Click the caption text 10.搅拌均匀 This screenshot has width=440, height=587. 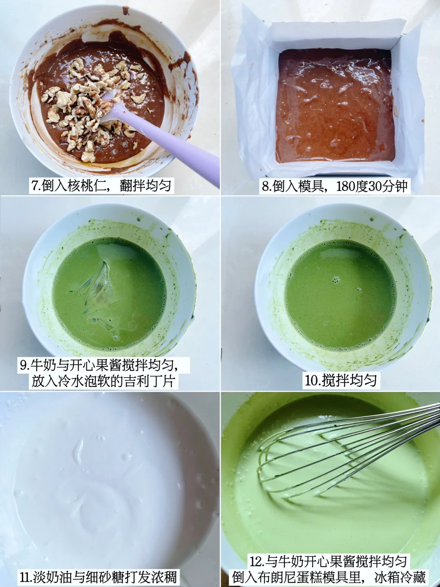341,381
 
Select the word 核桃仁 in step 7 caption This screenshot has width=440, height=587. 85,186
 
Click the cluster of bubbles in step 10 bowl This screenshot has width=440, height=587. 336,280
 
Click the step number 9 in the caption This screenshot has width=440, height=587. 23,366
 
